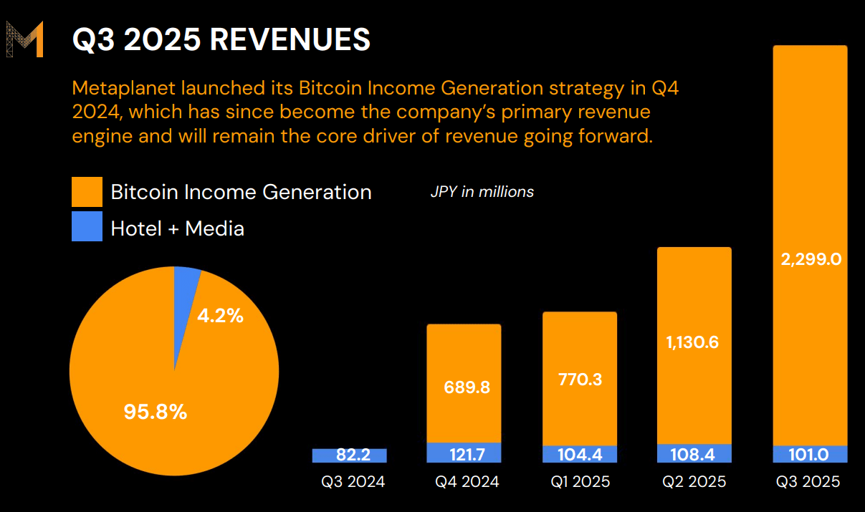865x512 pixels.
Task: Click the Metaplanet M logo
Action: (25, 39)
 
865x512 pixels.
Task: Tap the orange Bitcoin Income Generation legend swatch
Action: (87, 192)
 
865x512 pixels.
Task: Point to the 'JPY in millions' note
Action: (482, 192)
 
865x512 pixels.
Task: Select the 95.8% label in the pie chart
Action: (155, 412)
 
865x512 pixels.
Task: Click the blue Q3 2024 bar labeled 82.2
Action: (349, 455)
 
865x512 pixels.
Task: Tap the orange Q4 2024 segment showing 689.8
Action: (464, 387)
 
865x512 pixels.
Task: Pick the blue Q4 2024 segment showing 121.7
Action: (464, 454)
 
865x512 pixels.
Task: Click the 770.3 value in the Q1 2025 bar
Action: (580, 379)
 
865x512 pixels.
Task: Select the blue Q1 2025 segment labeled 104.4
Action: (580, 455)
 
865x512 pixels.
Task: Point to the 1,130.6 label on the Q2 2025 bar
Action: (694, 342)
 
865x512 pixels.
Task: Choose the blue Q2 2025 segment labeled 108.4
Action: (694, 454)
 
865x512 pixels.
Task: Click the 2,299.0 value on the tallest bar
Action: (810, 259)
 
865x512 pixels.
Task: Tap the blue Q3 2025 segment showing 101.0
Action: (810, 455)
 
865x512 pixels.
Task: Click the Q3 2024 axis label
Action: (353, 482)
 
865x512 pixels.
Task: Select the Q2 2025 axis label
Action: (694, 482)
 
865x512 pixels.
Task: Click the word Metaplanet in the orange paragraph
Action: (123, 89)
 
